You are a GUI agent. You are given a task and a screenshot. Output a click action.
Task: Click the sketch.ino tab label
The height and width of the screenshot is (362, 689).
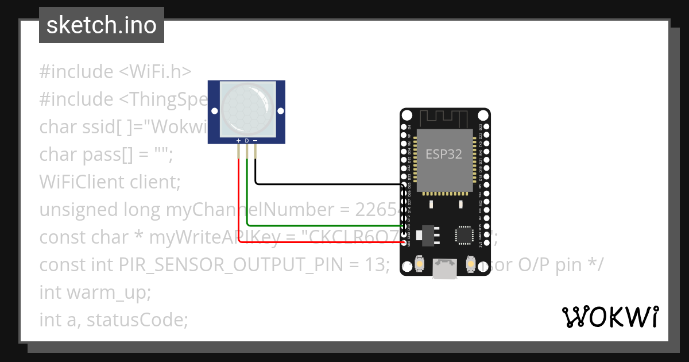101,25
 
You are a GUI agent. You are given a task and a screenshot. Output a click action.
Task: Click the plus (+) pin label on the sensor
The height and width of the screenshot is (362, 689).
239,140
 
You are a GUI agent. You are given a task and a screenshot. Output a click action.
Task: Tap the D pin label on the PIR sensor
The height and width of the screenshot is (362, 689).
247,140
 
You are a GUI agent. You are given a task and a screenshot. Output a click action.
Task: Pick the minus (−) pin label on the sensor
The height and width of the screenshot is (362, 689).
255,140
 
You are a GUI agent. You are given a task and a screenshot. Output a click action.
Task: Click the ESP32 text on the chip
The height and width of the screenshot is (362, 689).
443,154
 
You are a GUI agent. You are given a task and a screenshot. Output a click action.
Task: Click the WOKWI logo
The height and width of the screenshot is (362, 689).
610,317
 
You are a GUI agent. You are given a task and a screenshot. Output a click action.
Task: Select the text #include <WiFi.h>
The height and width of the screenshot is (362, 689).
115,72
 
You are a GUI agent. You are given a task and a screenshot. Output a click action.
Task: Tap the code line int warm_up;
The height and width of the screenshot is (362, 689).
95,292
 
